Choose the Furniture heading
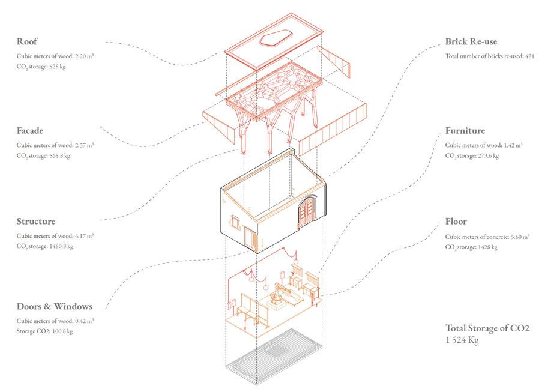click(x=465, y=130)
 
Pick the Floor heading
click(x=456, y=222)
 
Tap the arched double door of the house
click(x=309, y=214)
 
